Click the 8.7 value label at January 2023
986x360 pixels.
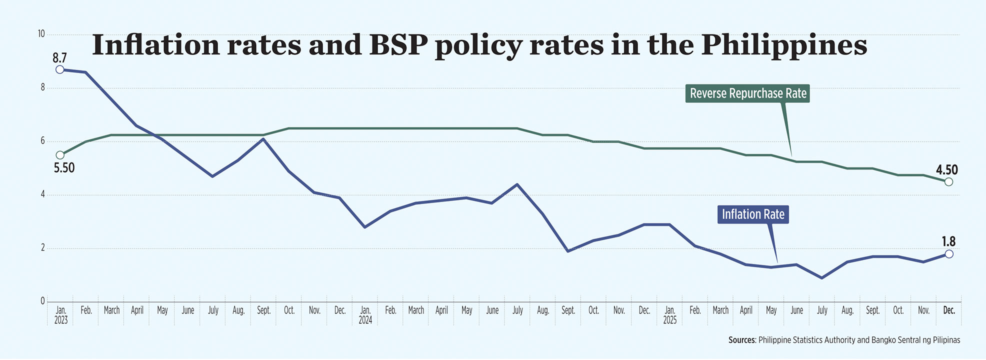click(x=59, y=58)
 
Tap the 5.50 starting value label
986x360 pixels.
click(x=64, y=168)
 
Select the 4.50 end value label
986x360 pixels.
click(x=946, y=170)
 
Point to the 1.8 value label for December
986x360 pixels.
click(x=948, y=242)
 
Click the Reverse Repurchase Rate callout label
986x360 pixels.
click(x=748, y=93)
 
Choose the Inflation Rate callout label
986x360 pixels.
click(x=753, y=214)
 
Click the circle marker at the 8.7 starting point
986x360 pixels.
click(x=60, y=69)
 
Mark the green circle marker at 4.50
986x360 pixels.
click(x=948, y=182)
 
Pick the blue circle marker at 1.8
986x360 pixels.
click(x=949, y=254)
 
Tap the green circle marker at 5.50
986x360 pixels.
click(x=60, y=155)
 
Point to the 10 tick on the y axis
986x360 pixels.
click(x=41, y=34)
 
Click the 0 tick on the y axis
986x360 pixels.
click(x=42, y=301)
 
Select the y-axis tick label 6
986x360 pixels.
click(x=42, y=141)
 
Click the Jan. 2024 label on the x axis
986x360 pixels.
click(x=365, y=315)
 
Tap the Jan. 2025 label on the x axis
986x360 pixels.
click(x=669, y=315)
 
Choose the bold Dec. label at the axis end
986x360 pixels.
click(x=948, y=310)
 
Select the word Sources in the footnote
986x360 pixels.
click(x=741, y=340)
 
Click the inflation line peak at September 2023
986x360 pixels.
click(x=263, y=139)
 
